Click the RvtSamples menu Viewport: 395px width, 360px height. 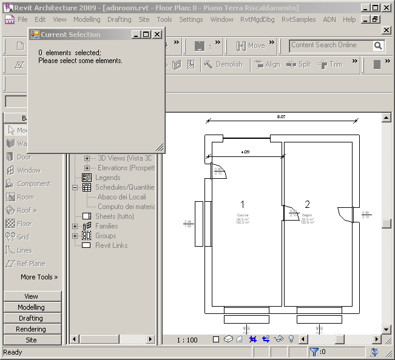tap(298, 19)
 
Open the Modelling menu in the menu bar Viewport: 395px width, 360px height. tap(87, 19)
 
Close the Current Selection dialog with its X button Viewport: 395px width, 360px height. tap(157, 35)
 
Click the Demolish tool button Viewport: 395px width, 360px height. tap(223, 64)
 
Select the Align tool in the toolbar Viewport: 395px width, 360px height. tap(267, 64)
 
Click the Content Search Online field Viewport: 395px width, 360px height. tap(330, 45)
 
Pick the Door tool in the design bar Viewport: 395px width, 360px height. tap(24, 157)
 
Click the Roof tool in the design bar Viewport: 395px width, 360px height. tap(25, 210)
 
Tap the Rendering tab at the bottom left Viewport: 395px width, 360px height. tap(31, 329)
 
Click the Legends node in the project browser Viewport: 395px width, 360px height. tap(107, 178)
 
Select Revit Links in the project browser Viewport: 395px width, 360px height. tap(111, 245)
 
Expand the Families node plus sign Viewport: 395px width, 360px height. tap(75, 226)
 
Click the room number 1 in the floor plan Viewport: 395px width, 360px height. tap(243, 204)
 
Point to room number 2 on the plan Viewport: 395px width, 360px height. tap(308, 204)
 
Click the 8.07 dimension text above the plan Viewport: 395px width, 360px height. tap(281, 116)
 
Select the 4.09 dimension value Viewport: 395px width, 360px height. tap(245, 152)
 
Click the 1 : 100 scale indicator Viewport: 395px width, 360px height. tap(187, 340)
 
